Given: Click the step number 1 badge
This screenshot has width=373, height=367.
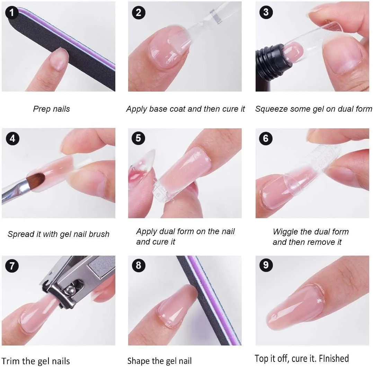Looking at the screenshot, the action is point(12,12).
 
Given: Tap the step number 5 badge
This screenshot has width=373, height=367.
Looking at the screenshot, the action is point(138,138).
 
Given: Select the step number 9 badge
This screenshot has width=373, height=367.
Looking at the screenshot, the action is point(266,265).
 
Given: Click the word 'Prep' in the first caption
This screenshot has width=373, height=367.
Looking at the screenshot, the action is point(42,109).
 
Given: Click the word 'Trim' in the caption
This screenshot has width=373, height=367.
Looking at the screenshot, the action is point(9,361).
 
